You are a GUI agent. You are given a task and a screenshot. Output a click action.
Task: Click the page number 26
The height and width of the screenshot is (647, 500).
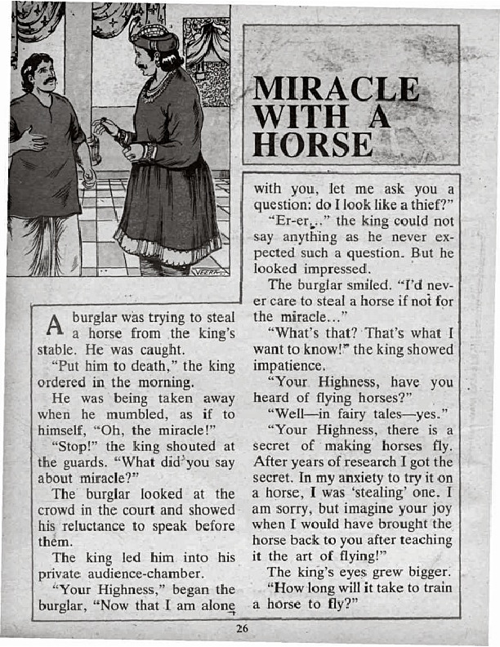click(241, 628)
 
